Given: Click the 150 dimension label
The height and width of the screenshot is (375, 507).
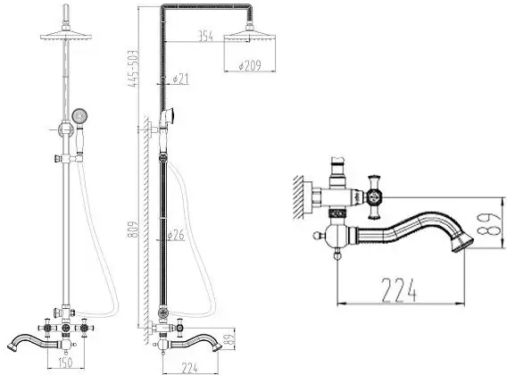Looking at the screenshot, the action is click(65, 362).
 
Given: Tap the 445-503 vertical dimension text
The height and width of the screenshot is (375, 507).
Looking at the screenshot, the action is click(133, 69).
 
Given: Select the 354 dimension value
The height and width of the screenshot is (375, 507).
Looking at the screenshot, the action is click(206, 37).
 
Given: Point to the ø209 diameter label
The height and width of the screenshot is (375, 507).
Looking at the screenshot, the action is click(250, 66).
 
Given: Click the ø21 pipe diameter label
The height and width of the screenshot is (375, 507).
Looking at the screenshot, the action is click(180, 79).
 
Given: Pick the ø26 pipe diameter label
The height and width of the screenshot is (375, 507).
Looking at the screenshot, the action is click(176, 235).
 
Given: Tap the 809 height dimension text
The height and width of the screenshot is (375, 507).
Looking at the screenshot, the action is click(133, 229).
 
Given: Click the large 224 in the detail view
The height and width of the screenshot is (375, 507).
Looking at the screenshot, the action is click(398, 290).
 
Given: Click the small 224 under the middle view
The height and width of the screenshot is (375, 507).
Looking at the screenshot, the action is click(190, 368).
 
